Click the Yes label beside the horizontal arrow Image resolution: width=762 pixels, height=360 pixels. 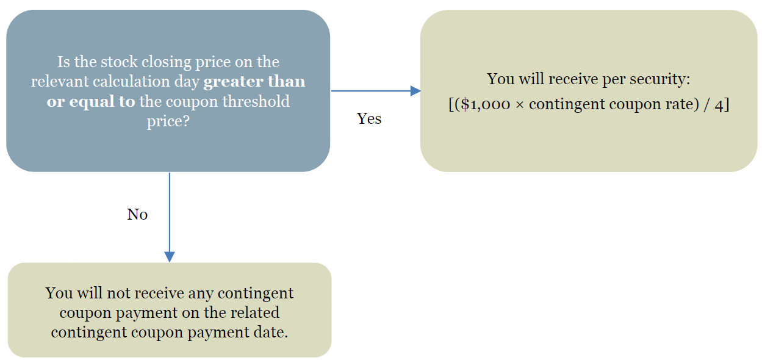[x=369, y=118]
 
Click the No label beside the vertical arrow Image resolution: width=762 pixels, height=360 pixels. [x=137, y=214]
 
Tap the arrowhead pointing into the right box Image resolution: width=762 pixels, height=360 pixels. [x=415, y=91]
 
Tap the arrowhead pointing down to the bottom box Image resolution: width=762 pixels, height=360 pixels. [x=170, y=257]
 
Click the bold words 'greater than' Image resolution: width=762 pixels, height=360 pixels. [x=254, y=82]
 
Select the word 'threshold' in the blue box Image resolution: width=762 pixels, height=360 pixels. [x=256, y=101]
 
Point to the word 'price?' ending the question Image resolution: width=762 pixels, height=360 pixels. [x=168, y=121]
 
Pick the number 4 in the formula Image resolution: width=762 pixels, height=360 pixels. [x=719, y=105]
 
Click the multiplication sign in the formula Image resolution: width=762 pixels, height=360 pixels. [x=519, y=105]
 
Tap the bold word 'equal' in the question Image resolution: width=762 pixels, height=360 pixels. [x=92, y=102]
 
